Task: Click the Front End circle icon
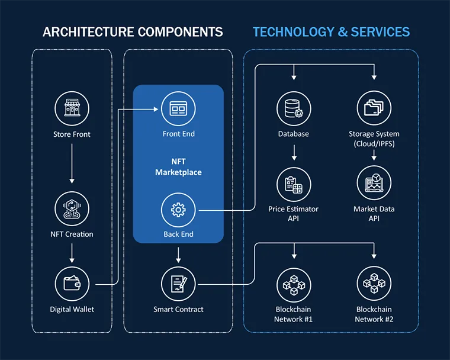(178, 108)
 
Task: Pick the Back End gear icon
(178, 209)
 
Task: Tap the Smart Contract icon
(178, 284)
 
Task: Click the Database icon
(294, 108)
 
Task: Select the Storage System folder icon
(374, 108)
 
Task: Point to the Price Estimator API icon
(294, 184)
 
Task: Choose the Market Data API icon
(374, 184)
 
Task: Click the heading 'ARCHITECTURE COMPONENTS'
(133, 32)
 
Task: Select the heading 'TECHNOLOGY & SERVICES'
(331, 32)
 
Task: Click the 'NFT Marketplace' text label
(178, 167)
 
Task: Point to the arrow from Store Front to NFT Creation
(72, 163)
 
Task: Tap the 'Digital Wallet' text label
(72, 309)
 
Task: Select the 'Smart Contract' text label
(178, 309)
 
